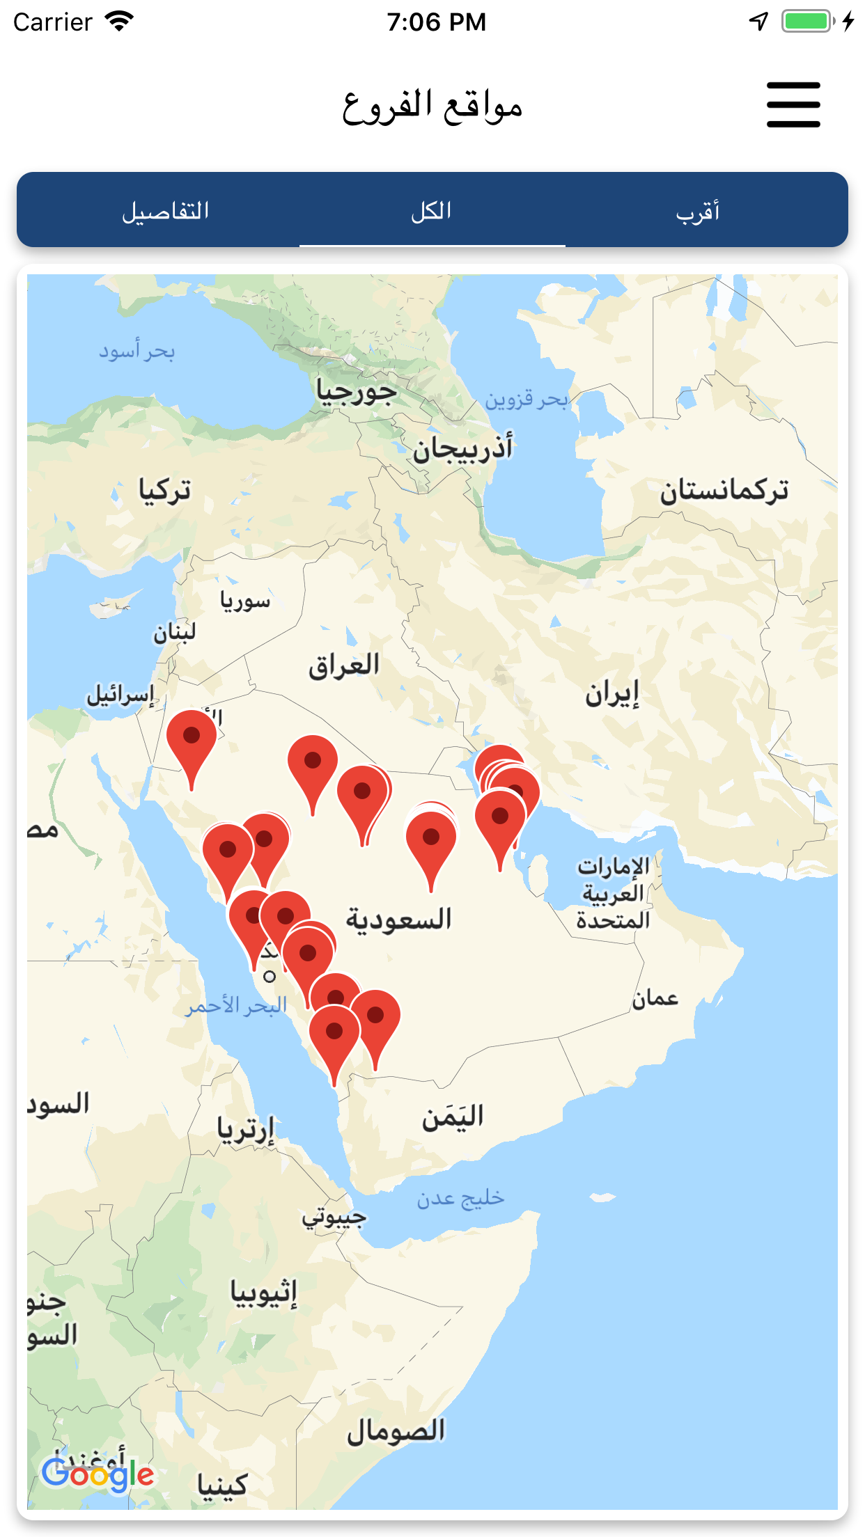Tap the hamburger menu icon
793,105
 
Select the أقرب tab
698,211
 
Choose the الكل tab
432,211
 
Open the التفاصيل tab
166,211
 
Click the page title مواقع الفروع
432,107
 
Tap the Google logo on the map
98,1474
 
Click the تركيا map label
165,491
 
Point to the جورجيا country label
357,392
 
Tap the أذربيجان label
462,449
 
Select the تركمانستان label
724,491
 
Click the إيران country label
612,694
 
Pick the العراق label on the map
344,665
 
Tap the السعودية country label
399,920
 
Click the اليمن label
453,1117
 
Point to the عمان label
655,999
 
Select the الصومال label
396,1431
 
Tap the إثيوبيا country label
264,1293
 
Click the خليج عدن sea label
460,1198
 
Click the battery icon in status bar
807,22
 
